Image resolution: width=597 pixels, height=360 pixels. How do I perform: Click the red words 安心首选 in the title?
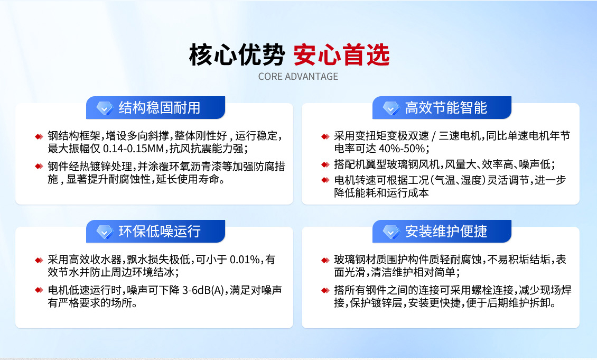point(341,54)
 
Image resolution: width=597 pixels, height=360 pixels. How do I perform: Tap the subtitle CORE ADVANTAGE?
point(298,77)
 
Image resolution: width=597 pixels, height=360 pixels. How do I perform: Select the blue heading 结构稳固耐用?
point(160,108)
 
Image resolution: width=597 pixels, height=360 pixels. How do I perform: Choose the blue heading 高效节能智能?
point(446,108)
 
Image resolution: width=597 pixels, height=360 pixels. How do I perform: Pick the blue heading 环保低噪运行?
point(160,232)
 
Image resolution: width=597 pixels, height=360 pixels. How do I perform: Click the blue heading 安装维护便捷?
point(446,232)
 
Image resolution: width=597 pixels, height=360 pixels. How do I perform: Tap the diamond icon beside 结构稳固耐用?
point(105,108)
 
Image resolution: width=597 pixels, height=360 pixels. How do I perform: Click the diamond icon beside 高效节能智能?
point(391,108)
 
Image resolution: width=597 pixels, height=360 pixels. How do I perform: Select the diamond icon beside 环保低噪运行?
point(105,232)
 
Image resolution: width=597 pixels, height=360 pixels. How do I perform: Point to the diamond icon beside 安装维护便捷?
point(391,232)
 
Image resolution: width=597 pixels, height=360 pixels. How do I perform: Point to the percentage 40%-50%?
point(402,148)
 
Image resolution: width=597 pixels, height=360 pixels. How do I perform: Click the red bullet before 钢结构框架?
point(39,136)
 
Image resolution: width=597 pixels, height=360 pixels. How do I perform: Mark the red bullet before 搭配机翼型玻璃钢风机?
point(325,164)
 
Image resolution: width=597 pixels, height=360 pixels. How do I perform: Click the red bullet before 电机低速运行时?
point(39,290)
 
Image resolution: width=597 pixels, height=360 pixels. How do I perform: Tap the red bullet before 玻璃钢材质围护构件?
point(325,260)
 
